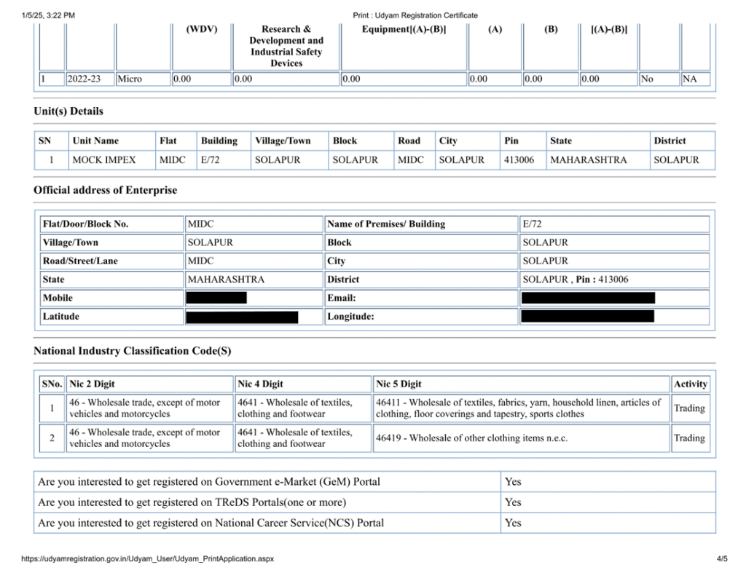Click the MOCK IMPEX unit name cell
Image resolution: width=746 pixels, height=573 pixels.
point(104,160)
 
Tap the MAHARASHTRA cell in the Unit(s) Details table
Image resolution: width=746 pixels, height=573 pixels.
point(588,160)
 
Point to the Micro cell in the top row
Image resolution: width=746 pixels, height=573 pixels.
point(130,79)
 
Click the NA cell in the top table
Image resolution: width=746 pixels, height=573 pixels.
point(689,79)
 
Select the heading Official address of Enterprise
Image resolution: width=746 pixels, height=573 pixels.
point(105,190)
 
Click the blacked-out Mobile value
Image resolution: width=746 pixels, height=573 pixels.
point(216,298)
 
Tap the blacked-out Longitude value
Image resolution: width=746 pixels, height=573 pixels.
point(587,317)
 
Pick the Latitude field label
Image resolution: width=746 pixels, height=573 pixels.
point(61,317)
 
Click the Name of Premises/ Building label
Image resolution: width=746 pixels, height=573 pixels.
point(386,224)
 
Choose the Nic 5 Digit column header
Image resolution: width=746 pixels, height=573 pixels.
point(398,384)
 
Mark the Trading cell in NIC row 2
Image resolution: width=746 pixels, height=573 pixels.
point(689,438)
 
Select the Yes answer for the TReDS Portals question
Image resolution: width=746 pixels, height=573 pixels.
point(513,502)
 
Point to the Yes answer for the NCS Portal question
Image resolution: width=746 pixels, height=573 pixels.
point(513,523)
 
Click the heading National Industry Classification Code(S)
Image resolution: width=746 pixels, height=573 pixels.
point(133,351)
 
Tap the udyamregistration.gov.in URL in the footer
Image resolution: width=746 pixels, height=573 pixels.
point(148,559)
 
